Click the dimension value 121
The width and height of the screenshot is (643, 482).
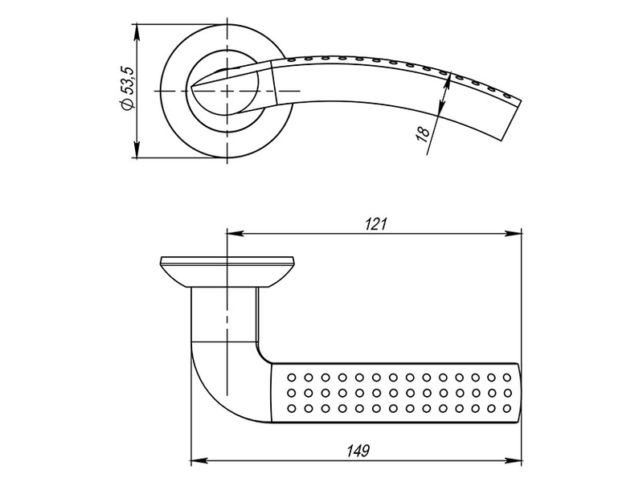375,224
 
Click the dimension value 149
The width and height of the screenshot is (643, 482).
358,451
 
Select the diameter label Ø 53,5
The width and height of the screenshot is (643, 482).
127,88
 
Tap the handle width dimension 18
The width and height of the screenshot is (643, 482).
423,133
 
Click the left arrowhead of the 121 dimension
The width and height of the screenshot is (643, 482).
235,234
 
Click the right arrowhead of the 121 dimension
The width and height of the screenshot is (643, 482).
514,234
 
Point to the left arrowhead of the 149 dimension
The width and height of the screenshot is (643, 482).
200,460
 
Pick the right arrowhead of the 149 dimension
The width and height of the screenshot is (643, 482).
514,460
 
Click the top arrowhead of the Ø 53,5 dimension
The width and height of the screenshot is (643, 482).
137,33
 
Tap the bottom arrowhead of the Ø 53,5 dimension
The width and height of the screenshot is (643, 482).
137,149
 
